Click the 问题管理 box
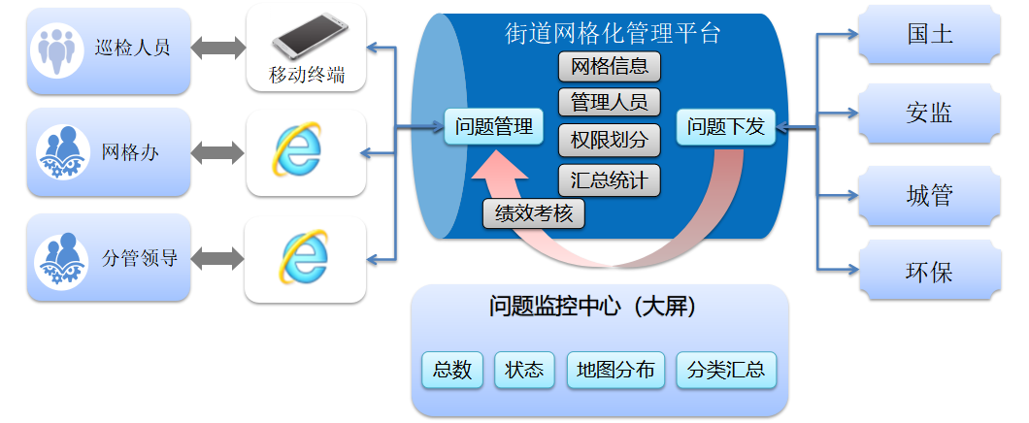click(x=493, y=126)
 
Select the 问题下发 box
click(x=726, y=126)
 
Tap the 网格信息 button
click(x=609, y=66)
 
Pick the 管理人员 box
click(x=609, y=102)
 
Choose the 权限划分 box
click(x=609, y=141)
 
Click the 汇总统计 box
click(x=609, y=179)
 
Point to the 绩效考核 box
click(x=534, y=213)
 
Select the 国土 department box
click(x=930, y=35)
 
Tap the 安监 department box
click(x=930, y=114)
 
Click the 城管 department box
click(x=930, y=195)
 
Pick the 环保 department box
click(x=930, y=270)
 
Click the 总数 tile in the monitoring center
click(x=452, y=370)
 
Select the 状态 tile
click(x=524, y=370)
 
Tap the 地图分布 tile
click(x=615, y=370)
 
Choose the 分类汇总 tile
click(x=726, y=370)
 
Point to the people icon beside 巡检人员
click(x=57, y=50)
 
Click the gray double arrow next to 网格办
click(x=217, y=153)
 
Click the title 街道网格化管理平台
click(x=613, y=32)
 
